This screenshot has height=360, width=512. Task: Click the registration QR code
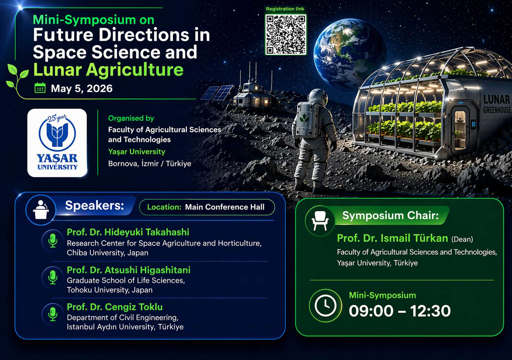[286, 35]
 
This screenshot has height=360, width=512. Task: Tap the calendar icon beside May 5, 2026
[40, 88]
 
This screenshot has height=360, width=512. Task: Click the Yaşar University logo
[57, 143]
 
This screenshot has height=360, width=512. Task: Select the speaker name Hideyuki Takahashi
[147, 232]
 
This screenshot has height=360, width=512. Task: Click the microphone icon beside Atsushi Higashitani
[53, 277]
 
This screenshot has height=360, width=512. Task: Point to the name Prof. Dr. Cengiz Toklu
[115, 307]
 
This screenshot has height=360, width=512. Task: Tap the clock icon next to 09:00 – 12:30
[325, 306]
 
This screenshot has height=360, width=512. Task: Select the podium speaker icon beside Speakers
[41, 210]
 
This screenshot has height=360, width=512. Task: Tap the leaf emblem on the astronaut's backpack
[304, 118]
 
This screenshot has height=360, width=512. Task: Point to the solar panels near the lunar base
[217, 92]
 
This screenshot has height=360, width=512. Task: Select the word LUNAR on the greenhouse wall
[497, 100]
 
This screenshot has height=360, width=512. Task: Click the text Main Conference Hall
[225, 207]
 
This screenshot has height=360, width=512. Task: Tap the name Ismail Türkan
[414, 238]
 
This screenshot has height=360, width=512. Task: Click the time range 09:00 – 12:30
[400, 311]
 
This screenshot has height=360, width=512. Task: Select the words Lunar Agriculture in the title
[108, 70]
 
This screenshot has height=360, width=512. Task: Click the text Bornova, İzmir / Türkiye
[150, 164]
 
